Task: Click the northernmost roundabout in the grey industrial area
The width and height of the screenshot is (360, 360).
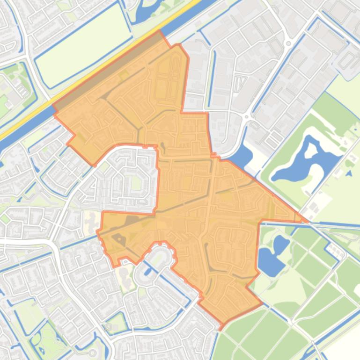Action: coord(288,44)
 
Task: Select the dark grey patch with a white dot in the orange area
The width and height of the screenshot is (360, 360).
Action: coord(119,238)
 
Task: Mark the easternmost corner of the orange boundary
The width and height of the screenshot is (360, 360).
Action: coord(307,221)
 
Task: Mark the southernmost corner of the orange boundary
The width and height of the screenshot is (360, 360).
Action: coord(221,324)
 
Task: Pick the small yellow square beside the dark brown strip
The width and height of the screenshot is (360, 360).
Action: coord(124,75)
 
